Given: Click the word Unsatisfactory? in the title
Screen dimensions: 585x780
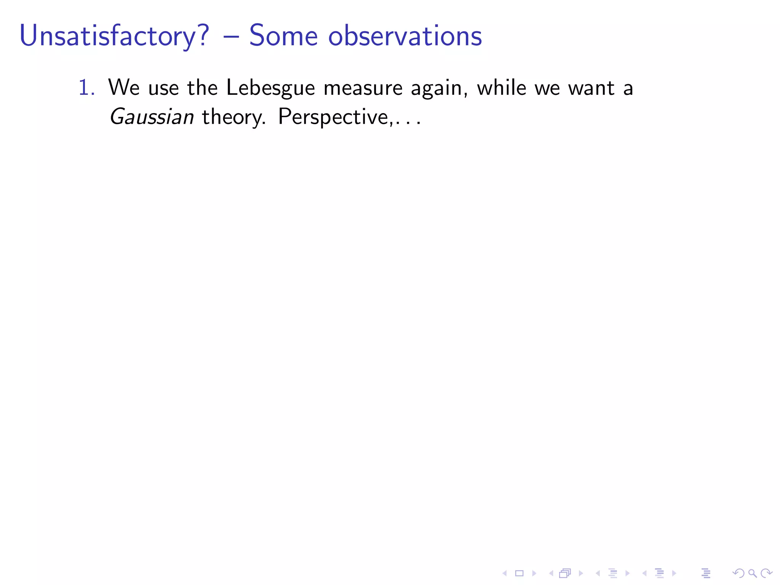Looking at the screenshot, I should (x=114, y=36).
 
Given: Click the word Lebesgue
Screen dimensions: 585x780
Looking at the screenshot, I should (x=270, y=88).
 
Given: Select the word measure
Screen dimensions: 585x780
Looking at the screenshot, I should (x=363, y=88).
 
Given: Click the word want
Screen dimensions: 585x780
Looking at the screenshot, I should (x=591, y=88).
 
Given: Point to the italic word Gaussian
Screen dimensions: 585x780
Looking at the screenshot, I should (x=152, y=117).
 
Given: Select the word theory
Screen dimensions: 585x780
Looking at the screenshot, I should (x=233, y=117).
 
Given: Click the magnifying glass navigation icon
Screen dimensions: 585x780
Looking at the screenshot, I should (x=752, y=573).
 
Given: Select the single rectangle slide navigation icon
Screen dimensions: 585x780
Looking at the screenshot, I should (x=519, y=573).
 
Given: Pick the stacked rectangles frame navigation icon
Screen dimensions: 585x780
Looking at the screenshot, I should (x=565, y=573).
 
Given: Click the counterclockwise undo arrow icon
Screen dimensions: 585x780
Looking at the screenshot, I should (x=738, y=573).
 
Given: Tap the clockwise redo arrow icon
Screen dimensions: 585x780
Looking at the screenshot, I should (x=766, y=573).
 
